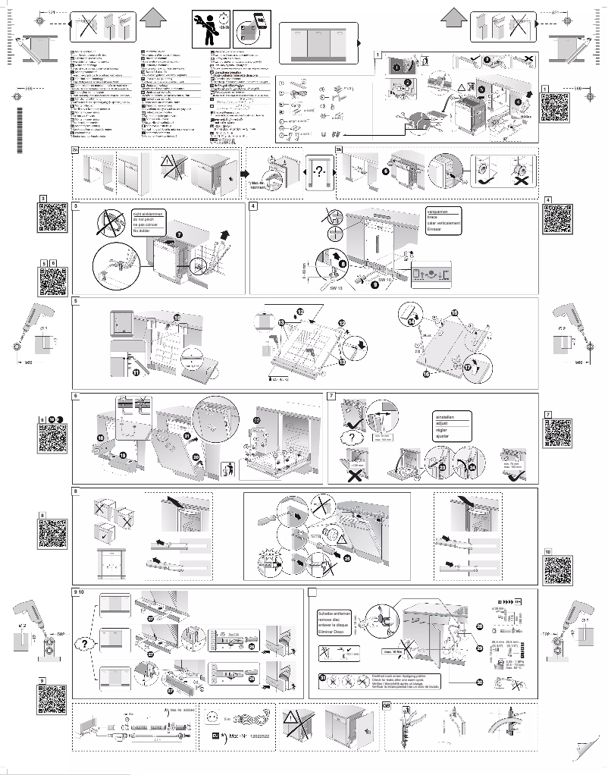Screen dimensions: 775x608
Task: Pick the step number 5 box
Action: [x=76, y=302]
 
